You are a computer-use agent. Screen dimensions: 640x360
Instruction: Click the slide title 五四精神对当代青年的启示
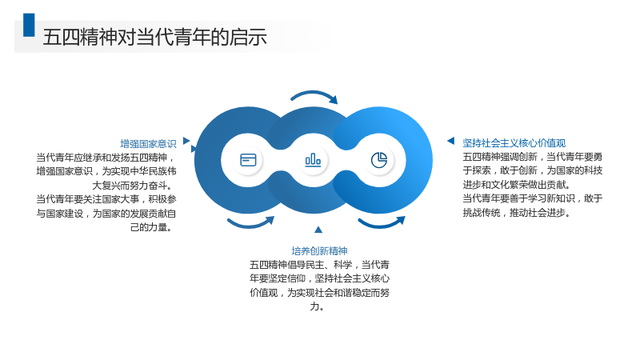(x=154, y=37)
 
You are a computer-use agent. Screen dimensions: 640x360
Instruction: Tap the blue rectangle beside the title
(x=29, y=25)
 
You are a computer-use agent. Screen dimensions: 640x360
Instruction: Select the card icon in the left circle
(x=248, y=159)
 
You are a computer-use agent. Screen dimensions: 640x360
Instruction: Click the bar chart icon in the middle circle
(x=313, y=159)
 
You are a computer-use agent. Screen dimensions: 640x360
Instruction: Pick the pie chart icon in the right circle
(x=379, y=159)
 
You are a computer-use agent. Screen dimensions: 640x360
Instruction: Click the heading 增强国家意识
(x=148, y=144)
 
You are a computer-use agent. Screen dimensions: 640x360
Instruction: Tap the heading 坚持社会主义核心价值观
(x=514, y=143)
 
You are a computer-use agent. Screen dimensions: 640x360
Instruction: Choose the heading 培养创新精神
(x=319, y=250)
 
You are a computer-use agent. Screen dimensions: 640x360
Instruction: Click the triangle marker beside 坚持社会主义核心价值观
(x=451, y=141)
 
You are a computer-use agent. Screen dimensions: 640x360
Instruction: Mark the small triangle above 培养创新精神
(x=318, y=230)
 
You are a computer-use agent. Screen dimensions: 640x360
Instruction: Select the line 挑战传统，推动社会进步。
(x=516, y=213)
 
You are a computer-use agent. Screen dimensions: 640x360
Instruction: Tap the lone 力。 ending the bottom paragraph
(x=317, y=306)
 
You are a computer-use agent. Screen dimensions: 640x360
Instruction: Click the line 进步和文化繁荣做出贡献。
(x=516, y=185)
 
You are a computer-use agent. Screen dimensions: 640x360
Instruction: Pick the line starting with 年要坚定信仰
(x=319, y=278)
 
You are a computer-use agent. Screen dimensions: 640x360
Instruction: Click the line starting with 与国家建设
(x=106, y=214)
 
